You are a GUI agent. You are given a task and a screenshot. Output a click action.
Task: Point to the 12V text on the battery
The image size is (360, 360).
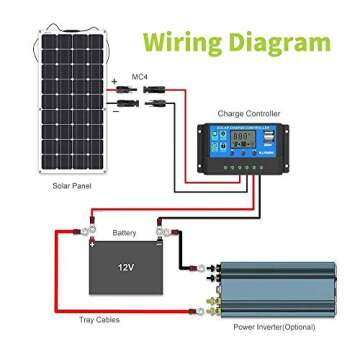coord(125,269)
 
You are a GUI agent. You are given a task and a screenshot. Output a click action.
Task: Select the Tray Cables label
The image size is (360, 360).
coord(99,319)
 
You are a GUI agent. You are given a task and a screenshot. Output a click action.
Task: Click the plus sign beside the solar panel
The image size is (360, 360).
coord(116,77)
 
